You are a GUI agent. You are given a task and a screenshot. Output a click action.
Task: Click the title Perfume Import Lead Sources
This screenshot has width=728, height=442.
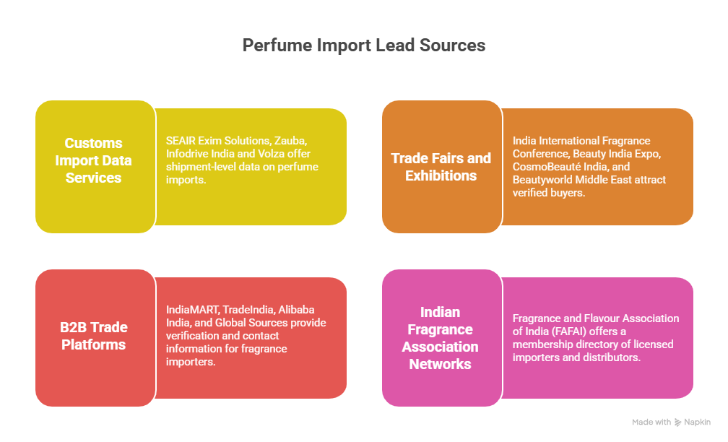pos(364,45)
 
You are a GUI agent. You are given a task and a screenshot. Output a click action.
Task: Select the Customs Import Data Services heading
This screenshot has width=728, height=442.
pos(93,160)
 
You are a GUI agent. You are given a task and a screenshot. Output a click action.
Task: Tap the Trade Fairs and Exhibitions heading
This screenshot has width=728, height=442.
pos(441,167)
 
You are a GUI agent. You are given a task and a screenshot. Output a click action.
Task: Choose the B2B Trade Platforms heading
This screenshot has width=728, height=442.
pos(94,336)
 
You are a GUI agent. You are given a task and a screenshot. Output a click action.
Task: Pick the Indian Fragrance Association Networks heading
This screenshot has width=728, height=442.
pos(440,338)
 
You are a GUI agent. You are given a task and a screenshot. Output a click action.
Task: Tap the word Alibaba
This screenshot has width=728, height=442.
pos(296,310)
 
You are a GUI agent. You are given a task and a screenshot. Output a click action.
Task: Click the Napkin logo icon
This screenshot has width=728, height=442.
pos(678,422)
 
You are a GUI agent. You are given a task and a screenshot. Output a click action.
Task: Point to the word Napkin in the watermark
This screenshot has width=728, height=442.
pos(697,422)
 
